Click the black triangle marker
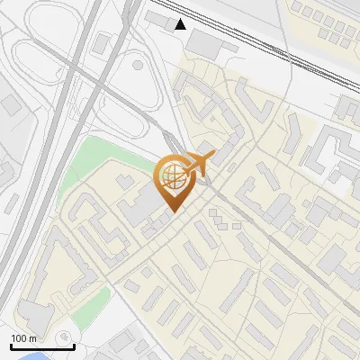pyautogui.click(x=182, y=24)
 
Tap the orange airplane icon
pyautogui.click(x=200, y=163)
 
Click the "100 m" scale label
pyautogui.click(x=23, y=337)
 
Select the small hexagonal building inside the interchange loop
pyautogui.click(x=138, y=64)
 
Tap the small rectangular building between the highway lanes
pyautogui.click(x=101, y=42)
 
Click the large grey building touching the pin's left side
pyautogui.click(x=142, y=203)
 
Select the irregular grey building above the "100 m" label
pyautogui.click(x=34, y=314)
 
